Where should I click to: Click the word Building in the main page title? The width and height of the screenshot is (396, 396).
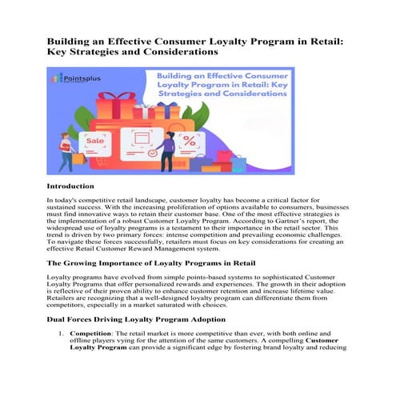(69, 39)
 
